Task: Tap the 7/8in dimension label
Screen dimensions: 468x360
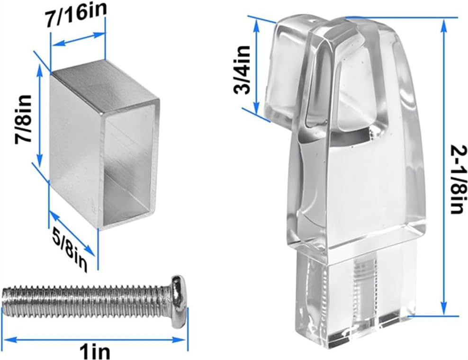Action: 23,119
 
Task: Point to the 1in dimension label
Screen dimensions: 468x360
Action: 95,351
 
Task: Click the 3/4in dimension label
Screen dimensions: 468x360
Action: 243,70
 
